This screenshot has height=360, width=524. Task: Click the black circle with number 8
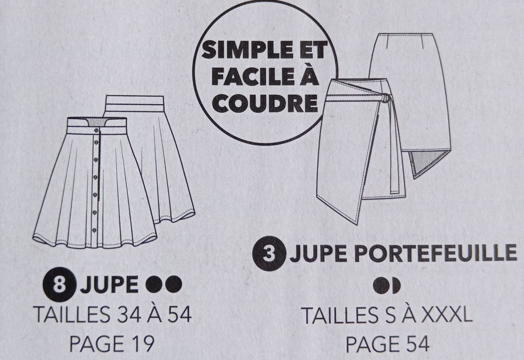(x=59, y=284)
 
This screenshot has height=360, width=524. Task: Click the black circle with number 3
(x=269, y=254)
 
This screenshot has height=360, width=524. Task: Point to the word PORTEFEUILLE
(x=435, y=253)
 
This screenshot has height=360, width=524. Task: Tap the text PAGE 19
(x=112, y=343)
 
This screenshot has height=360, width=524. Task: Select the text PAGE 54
(x=387, y=344)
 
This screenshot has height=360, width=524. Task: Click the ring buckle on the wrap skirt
(x=385, y=98)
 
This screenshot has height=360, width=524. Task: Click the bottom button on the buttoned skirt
(x=94, y=230)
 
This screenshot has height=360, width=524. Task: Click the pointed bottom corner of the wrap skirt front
(x=356, y=223)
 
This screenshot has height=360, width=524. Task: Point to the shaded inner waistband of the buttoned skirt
(x=97, y=122)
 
